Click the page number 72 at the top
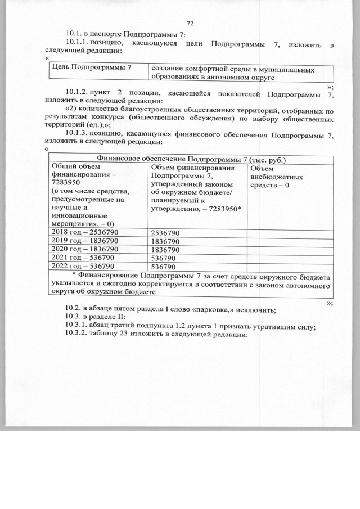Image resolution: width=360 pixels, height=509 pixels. pos(190,23)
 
